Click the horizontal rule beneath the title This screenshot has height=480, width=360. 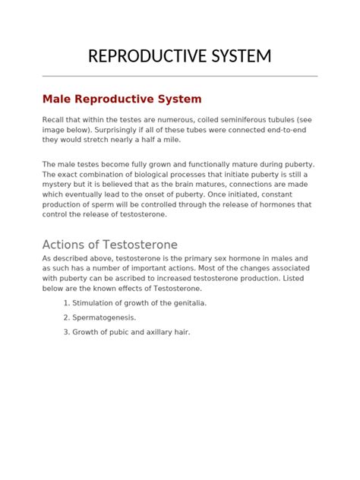point(180,76)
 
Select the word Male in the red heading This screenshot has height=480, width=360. point(57,99)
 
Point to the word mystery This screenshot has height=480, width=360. point(59,184)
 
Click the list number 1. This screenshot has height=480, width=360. point(66,302)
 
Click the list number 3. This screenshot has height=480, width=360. point(66,331)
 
